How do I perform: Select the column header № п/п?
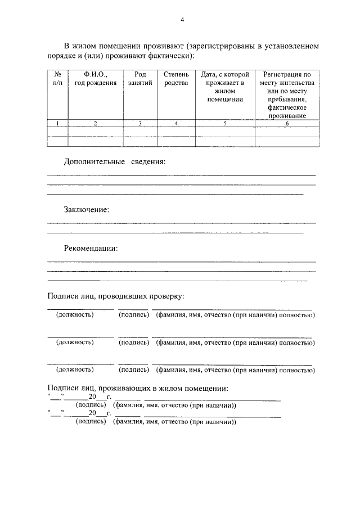tap(57, 78)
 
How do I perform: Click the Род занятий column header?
tap(140, 78)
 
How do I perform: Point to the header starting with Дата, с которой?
tap(224, 87)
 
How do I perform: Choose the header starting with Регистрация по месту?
tap(287, 95)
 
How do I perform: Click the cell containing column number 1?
tap(57, 123)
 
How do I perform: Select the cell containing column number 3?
tap(140, 123)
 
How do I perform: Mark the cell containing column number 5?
tap(224, 123)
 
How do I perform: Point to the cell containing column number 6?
tap(287, 123)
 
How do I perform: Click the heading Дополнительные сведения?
tap(115, 161)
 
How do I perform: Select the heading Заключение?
tap(86, 209)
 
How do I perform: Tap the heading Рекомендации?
tap(91, 248)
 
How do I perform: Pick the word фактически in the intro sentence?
tap(172, 56)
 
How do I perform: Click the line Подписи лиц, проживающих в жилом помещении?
tap(138, 388)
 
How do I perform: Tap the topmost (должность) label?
tap(75, 315)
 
